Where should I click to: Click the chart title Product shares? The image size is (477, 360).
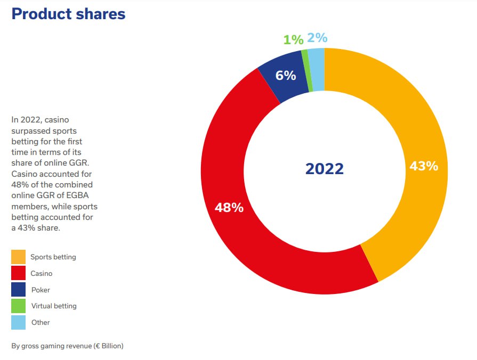click(x=68, y=14)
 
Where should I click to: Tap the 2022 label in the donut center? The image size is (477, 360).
click(x=324, y=169)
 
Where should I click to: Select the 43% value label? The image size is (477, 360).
click(x=424, y=166)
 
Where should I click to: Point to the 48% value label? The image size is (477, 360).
click(x=229, y=208)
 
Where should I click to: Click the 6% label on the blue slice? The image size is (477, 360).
click(x=286, y=76)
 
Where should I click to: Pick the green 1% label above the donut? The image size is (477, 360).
click(x=293, y=39)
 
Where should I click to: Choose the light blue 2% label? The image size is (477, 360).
click(x=317, y=38)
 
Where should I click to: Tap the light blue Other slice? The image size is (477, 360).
click(x=316, y=69)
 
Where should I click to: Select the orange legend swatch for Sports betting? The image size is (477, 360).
click(x=18, y=257)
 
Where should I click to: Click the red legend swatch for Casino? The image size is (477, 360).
click(x=18, y=273)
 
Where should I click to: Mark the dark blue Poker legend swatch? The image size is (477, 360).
click(x=18, y=290)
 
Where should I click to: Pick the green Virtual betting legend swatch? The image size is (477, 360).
click(x=18, y=306)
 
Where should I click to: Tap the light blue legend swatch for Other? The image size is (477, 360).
click(x=18, y=322)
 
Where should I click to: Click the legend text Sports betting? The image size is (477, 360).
click(x=53, y=257)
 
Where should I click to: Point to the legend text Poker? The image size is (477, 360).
click(x=41, y=290)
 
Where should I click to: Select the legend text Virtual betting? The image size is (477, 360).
click(x=54, y=306)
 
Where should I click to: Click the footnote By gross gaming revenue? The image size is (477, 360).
click(x=67, y=346)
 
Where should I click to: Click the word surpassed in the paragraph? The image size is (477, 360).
click(x=29, y=130)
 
